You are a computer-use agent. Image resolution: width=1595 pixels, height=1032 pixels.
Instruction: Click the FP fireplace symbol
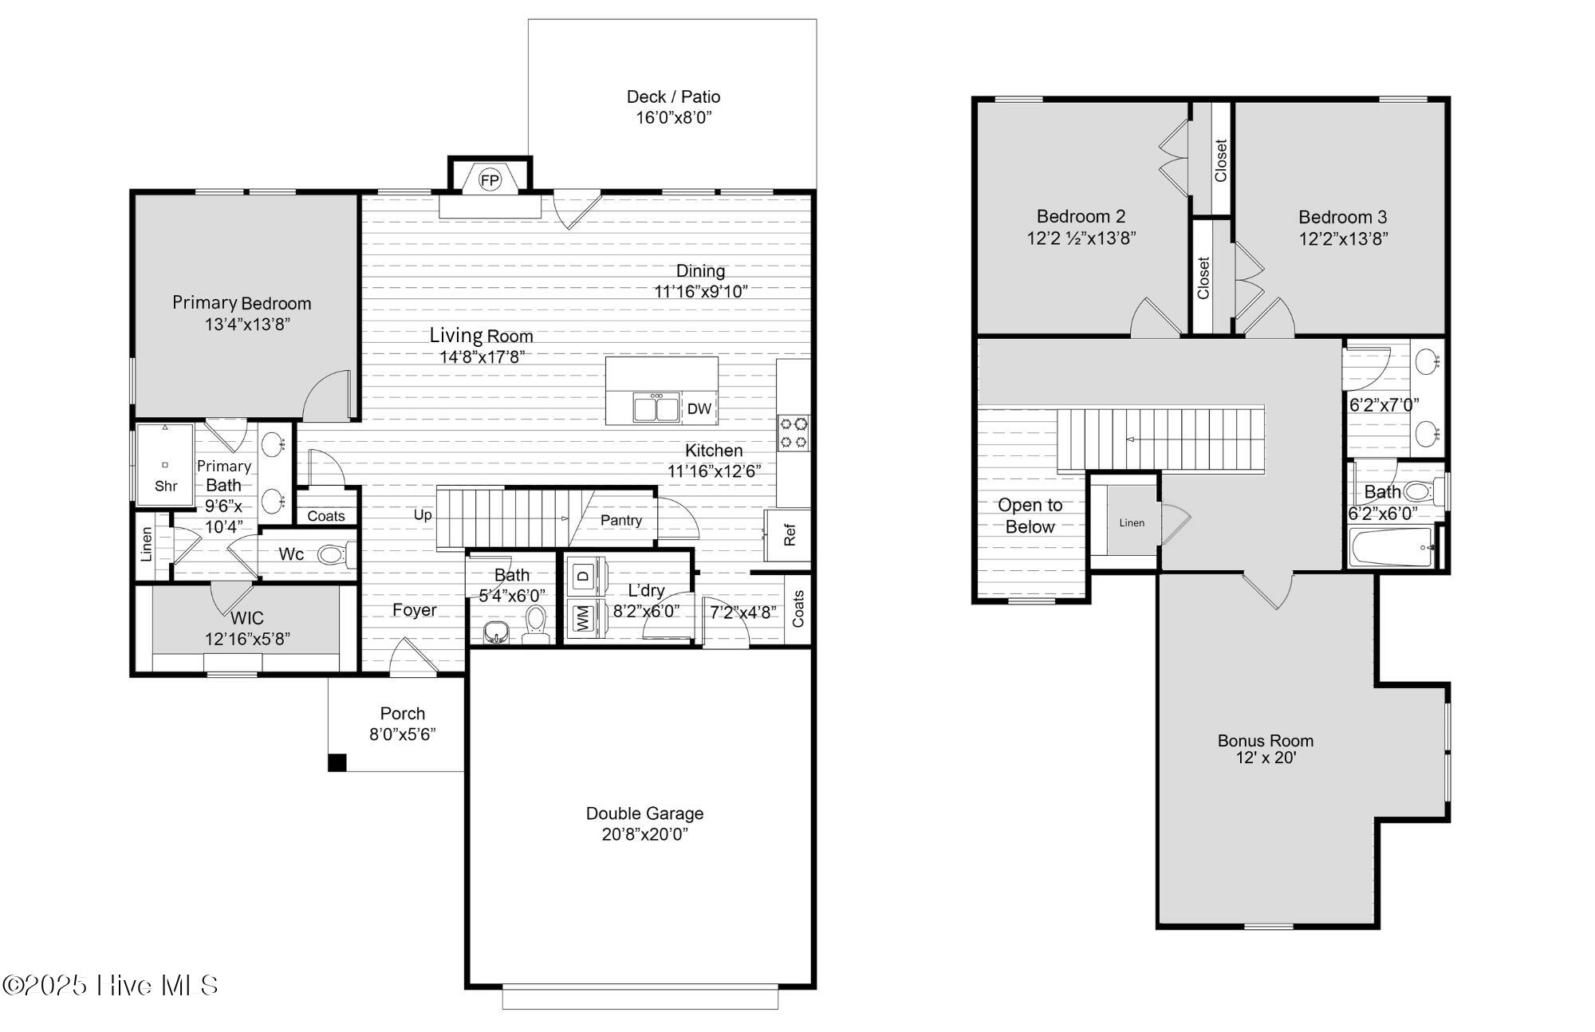pyautogui.click(x=490, y=180)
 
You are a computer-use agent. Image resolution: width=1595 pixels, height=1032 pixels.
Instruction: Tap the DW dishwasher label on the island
pyautogui.click(x=699, y=409)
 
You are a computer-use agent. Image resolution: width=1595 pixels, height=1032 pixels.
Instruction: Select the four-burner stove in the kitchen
pyautogui.click(x=794, y=432)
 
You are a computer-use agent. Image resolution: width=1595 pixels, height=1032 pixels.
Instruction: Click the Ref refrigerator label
pyautogui.click(x=790, y=534)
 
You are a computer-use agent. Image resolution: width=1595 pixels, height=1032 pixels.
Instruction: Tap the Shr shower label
pyautogui.click(x=166, y=486)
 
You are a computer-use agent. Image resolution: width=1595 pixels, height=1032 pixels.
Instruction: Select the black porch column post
pyautogui.click(x=337, y=762)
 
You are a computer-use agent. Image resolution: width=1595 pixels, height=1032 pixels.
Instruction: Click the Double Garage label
pyautogui.click(x=644, y=813)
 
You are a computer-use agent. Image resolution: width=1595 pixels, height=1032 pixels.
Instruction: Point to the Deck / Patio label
pyautogui.click(x=673, y=97)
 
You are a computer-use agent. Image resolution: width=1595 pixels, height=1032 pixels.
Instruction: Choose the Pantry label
pyautogui.click(x=621, y=520)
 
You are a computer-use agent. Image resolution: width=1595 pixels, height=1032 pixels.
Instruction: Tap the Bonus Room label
pyautogui.click(x=1266, y=740)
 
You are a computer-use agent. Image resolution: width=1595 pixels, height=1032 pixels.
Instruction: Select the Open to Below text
pyautogui.click(x=1030, y=516)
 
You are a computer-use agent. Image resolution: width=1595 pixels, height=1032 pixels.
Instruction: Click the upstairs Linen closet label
pyautogui.click(x=1132, y=523)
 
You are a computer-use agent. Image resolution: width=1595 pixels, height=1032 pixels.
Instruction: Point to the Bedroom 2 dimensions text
pyautogui.click(x=1081, y=238)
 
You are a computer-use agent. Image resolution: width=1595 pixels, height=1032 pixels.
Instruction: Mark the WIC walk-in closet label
pyautogui.click(x=246, y=618)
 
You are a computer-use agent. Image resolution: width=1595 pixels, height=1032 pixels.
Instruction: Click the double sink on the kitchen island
pyautogui.click(x=656, y=407)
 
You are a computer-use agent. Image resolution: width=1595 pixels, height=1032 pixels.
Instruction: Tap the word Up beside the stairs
pyautogui.click(x=423, y=515)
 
